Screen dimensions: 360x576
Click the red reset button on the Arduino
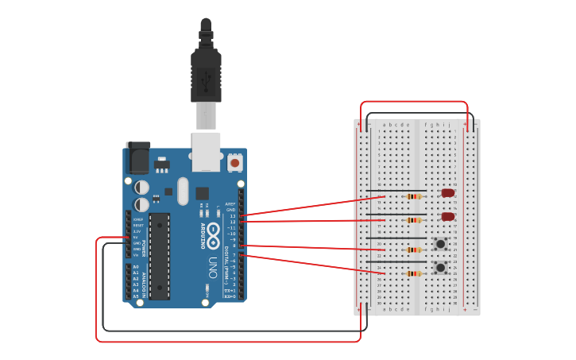point(234,162)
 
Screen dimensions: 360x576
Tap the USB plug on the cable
point(206,75)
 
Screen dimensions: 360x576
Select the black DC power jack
point(138,157)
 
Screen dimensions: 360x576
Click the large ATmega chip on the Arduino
point(159,256)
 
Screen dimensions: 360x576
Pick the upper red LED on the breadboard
point(448,192)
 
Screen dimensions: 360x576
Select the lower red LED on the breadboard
point(448,216)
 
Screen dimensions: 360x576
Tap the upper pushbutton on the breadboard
point(439,243)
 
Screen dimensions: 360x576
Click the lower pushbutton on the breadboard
point(439,268)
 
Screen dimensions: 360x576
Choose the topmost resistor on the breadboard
point(413,196)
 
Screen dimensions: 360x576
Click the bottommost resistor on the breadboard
point(413,273)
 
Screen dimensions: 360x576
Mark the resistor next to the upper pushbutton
point(413,250)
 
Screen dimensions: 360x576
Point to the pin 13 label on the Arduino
point(233,215)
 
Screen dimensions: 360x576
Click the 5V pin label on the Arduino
point(135,237)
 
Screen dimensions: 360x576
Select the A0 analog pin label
point(135,267)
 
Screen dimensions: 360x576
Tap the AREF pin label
point(230,203)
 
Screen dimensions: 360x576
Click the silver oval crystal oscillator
point(184,191)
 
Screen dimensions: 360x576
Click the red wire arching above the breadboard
point(414,102)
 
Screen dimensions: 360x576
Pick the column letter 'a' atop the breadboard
point(384,125)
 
